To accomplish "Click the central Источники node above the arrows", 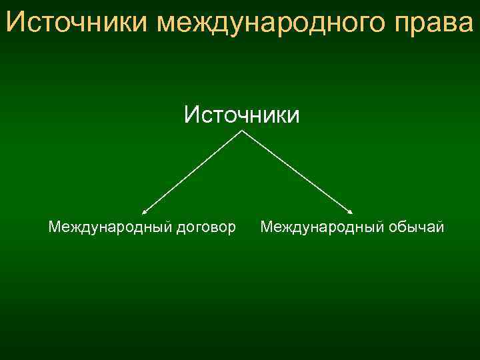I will click(242, 115).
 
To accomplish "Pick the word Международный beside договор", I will click(109, 228).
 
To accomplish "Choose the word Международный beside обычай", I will click(321, 228).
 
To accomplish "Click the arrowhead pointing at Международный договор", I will click(143, 211).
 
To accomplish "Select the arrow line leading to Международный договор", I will click(193, 171).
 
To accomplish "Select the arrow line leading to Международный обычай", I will click(297, 171).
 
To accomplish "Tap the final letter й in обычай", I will click(441, 228).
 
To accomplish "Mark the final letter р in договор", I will click(232, 230).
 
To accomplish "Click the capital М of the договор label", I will click(54, 228).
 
